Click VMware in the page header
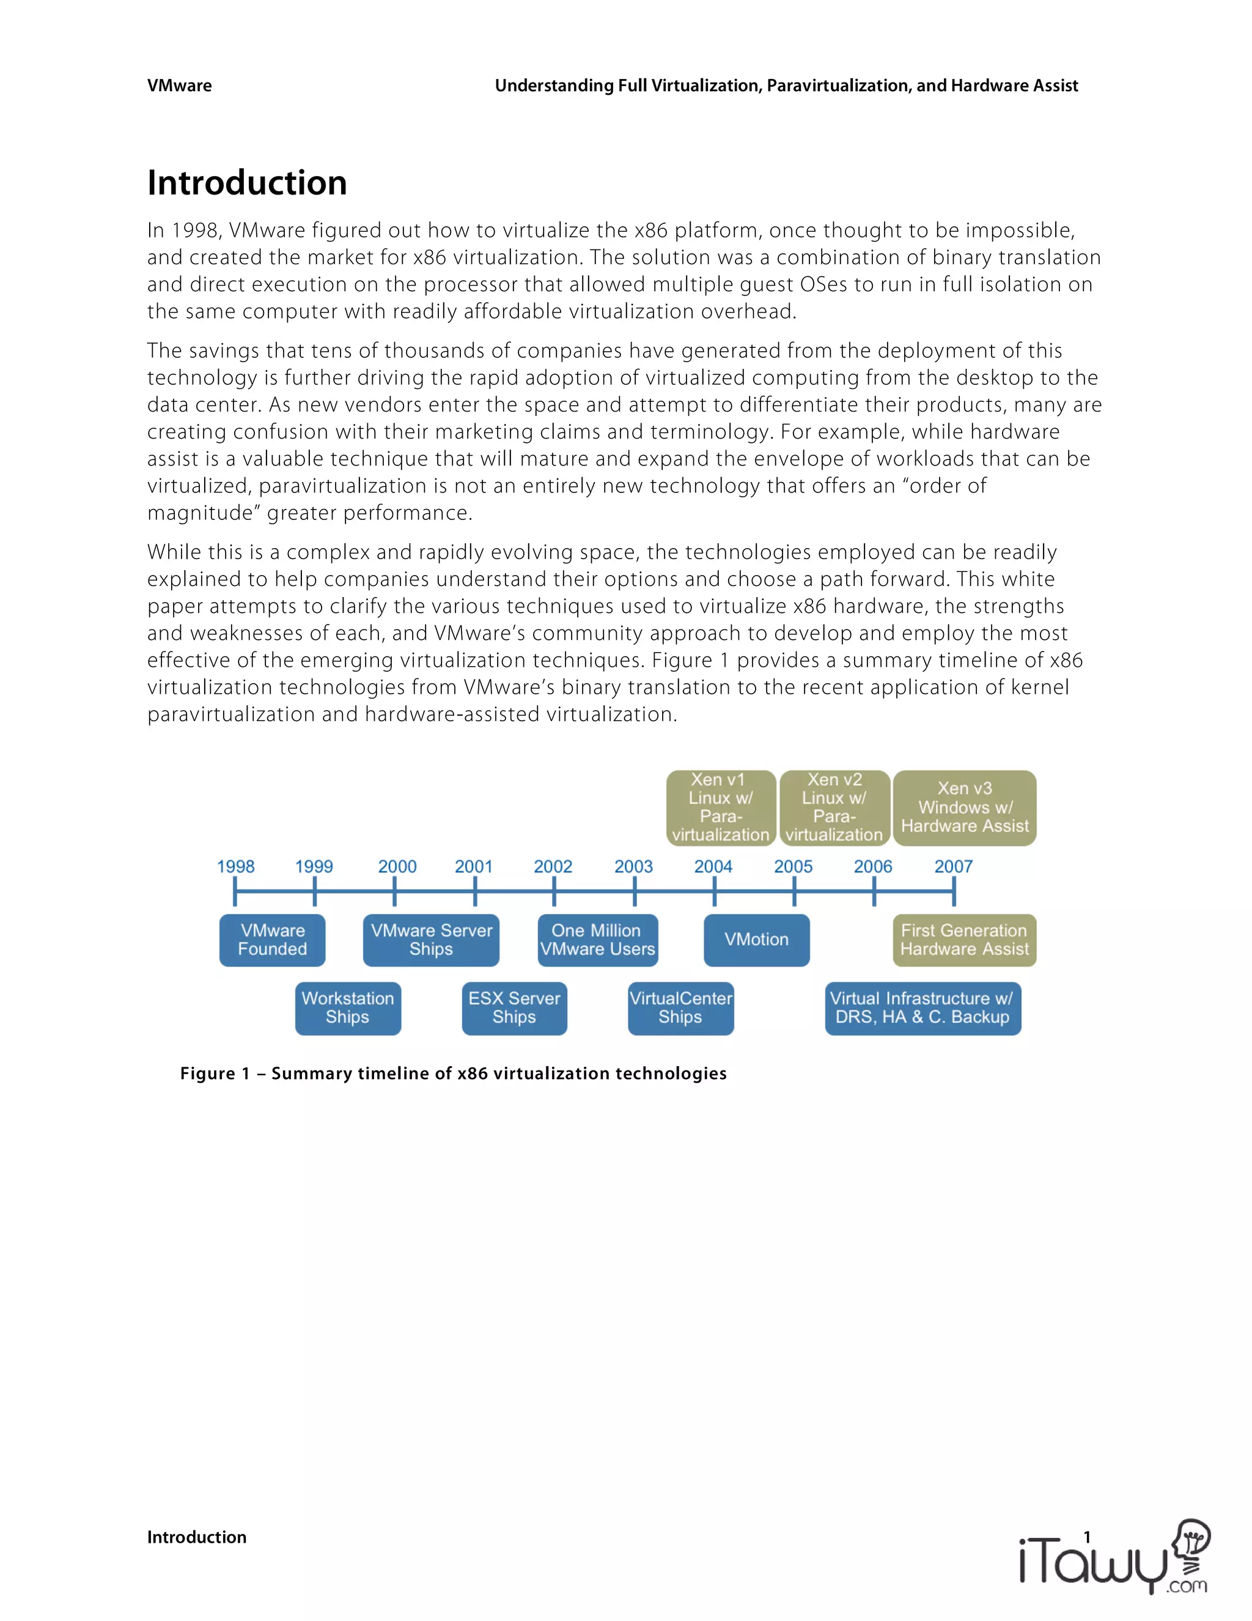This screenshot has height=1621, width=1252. tap(180, 86)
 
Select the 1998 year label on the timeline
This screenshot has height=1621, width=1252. tap(235, 866)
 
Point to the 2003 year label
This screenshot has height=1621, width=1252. tap(633, 866)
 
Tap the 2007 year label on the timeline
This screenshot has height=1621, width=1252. tap(953, 866)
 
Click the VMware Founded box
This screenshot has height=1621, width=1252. tap(272, 940)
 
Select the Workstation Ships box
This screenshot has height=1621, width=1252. tap(348, 1008)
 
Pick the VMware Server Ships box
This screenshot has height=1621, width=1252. tap(431, 940)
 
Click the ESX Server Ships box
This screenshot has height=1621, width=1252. tap(514, 1008)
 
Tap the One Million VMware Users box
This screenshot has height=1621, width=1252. tap(598, 940)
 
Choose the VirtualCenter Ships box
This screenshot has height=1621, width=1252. tap(681, 1008)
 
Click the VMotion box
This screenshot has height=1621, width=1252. tap(757, 940)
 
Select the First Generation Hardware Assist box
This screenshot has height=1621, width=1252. tap(964, 940)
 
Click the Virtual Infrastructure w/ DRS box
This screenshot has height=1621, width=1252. tap(922, 1008)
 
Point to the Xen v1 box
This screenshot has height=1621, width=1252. tap(721, 807)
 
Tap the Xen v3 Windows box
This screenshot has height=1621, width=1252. tap(964, 807)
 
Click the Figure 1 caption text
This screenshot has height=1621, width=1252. tap(453, 1074)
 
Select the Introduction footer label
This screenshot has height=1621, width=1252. tap(197, 1537)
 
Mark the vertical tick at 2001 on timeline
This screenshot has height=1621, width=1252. tap(474, 891)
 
